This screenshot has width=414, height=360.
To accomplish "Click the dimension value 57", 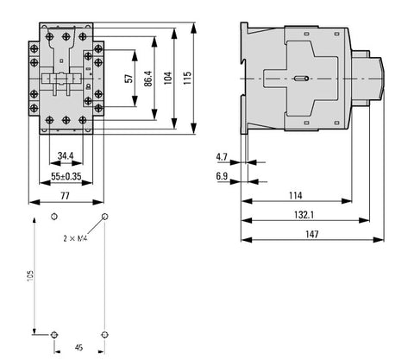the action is [129, 79].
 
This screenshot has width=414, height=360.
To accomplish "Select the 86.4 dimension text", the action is [148, 79].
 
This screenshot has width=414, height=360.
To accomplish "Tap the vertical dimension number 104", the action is [168, 78].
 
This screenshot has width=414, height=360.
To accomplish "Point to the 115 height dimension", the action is [187, 78].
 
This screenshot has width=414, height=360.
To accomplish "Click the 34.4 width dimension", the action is [66, 156].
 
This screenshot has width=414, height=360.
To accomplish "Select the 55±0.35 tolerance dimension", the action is [66, 176].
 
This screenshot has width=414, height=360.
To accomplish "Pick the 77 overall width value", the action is [65, 196].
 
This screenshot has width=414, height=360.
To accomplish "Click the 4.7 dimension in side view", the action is [222, 157].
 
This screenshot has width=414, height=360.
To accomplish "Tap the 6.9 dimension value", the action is [222, 176].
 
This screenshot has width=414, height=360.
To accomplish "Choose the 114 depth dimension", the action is [296, 196].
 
